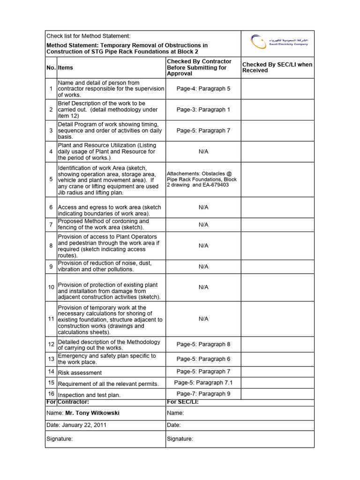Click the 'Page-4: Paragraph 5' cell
click(x=203, y=89)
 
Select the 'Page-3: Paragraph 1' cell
click(x=203, y=110)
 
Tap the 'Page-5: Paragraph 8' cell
click(x=203, y=345)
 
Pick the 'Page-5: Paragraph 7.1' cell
click(x=203, y=383)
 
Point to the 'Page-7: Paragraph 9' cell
click(x=203, y=394)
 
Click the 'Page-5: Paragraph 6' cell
click(x=203, y=359)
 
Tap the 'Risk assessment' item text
click(x=80, y=373)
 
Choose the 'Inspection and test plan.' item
click(x=89, y=395)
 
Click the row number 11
click(x=51, y=319)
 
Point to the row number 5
click(x=51, y=179)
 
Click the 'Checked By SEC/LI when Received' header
click(x=277, y=67)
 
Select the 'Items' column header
click(x=66, y=68)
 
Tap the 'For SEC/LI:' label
click(x=183, y=402)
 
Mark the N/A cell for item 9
click(x=203, y=267)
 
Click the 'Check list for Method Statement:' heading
click(x=88, y=36)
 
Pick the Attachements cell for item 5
click(x=202, y=179)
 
